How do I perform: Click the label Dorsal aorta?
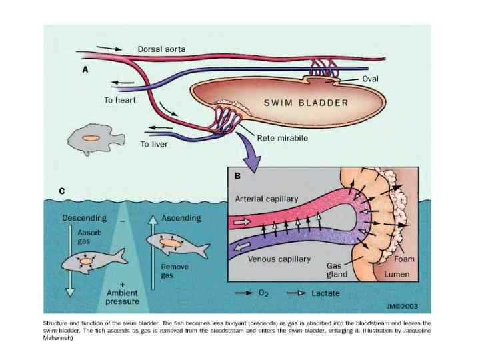(161, 49)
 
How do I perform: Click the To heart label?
(120, 101)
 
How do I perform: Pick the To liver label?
(155, 143)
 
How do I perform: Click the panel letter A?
(85, 69)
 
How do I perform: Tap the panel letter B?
(237, 177)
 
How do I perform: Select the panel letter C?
(62, 191)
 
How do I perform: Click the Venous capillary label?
(278, 259)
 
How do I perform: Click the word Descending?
(85, 218)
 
